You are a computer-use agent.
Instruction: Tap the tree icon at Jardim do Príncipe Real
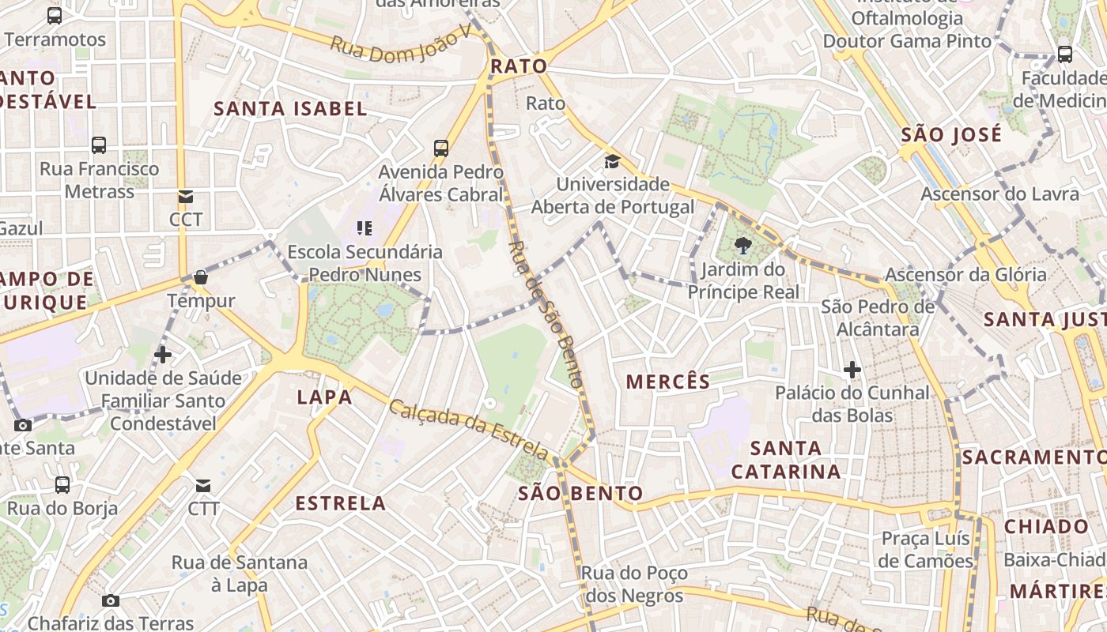tap(742, 246)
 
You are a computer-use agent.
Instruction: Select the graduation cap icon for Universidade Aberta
tap(612, 162)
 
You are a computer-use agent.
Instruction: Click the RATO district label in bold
tap(519, 66)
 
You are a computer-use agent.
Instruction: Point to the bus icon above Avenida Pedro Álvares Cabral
tap(441, 148)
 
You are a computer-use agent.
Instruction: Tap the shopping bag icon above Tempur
tap(201, 277)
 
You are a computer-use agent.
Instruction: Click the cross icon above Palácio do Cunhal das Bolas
tap(852, 369)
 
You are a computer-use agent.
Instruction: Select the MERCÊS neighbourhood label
tap(668, 382)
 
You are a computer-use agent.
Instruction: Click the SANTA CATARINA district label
tap(785, 460)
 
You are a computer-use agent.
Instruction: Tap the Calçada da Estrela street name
tap(468, 429)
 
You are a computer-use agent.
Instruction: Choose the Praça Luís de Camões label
tap(926, 550)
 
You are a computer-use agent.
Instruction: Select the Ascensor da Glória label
tap(965, 275)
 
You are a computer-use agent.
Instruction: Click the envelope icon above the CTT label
tap(203, 485)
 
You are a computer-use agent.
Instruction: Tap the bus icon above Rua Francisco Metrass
tap(99, 145)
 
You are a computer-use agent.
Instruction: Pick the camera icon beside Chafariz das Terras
tap(111, 600)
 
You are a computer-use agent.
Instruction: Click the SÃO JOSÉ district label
tap(951, 134)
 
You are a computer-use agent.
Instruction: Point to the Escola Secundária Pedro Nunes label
tap(365, 263)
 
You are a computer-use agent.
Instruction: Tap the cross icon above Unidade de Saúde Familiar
tap(163, 355)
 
